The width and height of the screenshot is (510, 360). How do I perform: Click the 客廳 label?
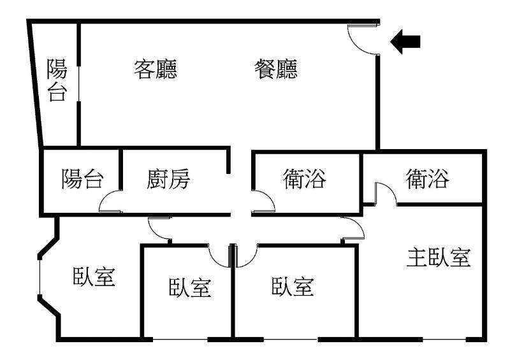coord(156,69)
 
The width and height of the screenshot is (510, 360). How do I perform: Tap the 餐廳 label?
coord(275,69)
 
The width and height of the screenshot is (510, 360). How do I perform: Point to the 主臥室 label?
coord(439,258)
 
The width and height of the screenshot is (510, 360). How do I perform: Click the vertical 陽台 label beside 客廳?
coord(57,81)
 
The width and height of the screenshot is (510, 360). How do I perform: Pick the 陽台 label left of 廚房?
coord(82,180)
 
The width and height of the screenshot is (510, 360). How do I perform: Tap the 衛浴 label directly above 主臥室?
coord(427,180)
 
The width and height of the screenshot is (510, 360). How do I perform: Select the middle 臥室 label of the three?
coord(189,288)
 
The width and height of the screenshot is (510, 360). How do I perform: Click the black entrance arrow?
coord(405,42)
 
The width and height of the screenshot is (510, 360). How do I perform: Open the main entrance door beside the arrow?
coord(364,38)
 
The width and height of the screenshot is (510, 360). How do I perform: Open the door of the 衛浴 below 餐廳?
coord(263,203)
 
